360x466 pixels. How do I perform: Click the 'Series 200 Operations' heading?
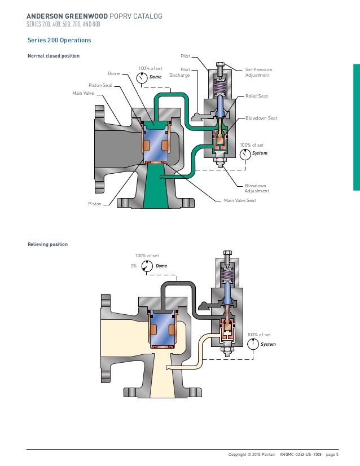coord(59,41)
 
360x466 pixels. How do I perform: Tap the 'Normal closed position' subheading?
coord(54,56)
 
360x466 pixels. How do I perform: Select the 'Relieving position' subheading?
coord(48,244)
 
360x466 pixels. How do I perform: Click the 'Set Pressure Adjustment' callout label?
coord(258,73)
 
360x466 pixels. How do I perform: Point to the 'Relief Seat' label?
coord(257,96)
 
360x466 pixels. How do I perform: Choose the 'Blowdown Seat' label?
coord(261,118)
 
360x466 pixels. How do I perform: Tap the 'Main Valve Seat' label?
coord(240,200)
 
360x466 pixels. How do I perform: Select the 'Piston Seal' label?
coord(100,85)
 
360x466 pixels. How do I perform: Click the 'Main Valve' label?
coord(83,93)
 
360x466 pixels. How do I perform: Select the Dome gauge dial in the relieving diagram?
coord(146,266)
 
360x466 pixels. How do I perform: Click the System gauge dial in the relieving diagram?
coord(253,343)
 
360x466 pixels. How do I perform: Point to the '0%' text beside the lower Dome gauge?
coord(134,266)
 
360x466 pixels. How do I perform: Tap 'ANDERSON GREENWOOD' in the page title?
coord(63,16)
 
